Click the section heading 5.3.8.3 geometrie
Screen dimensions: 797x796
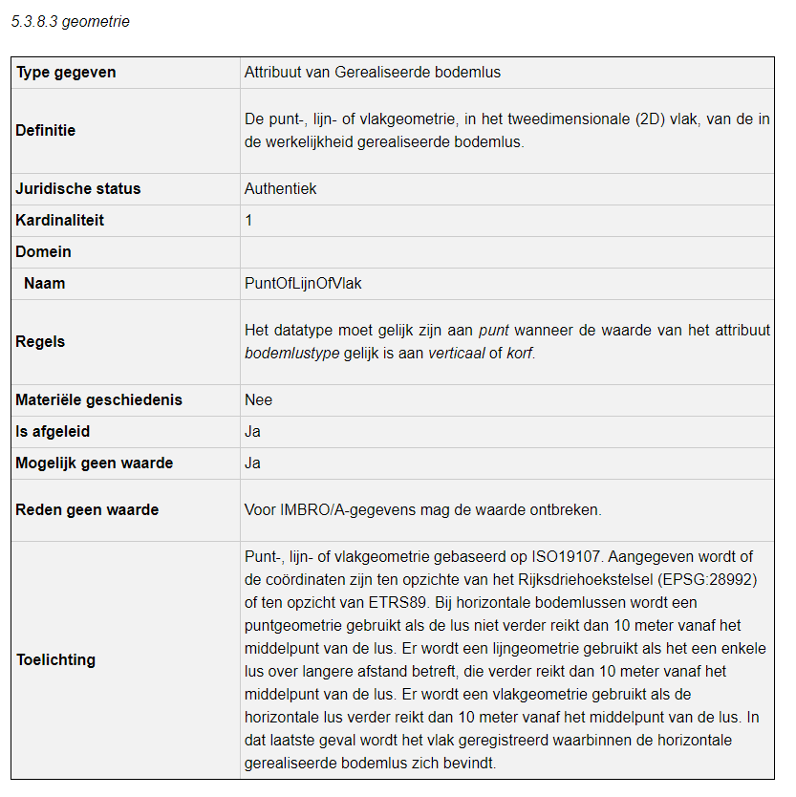coord(71,22)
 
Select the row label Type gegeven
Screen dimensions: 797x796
coord(66,73)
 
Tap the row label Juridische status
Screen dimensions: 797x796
coord(78,189)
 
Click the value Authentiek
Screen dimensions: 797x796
coord(281,189)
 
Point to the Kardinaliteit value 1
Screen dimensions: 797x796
coord(248,221)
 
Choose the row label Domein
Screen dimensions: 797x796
coord(44,252)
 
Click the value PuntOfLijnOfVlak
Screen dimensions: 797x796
coord(303,284)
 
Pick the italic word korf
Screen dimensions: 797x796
coord(520,352)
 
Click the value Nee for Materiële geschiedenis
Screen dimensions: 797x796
coord(258,400)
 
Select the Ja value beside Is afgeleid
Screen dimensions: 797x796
coord(252,432)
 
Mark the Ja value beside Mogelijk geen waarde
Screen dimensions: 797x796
coord(252,463)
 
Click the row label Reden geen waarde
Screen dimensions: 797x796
coord(87,510)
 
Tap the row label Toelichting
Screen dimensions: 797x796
coord(55,660)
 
